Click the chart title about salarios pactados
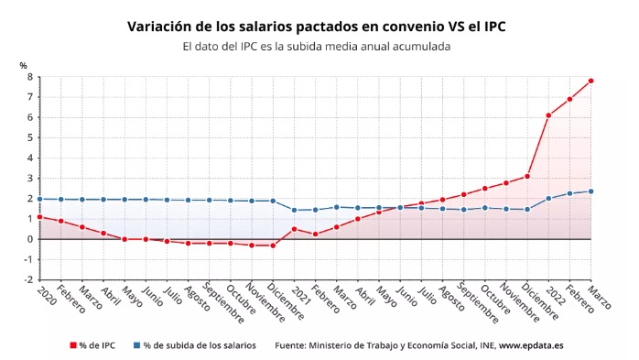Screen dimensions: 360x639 (316, 27)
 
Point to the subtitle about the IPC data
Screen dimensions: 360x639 (316, 46)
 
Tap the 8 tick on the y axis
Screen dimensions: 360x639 (29, 77)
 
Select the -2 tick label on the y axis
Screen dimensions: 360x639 (27, 279)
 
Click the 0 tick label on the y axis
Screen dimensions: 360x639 (29, 239)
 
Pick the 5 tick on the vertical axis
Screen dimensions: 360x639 (29, 137)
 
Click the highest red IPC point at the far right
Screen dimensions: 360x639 (591, 81)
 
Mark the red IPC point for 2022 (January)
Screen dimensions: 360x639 (548, 115)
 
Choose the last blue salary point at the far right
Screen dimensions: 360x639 (591, 191)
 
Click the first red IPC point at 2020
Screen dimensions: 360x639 (39, 217)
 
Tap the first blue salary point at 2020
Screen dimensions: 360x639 (39, 199)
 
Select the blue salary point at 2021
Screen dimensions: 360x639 (294, 210)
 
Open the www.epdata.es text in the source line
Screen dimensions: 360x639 (530, 345)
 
